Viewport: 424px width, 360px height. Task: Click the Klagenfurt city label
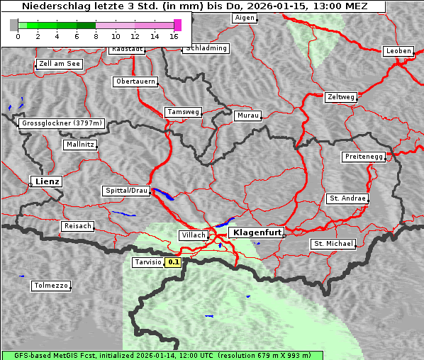coord(257,232)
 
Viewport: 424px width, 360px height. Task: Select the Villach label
coord(193,235)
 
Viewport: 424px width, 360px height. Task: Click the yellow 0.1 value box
coord(174,262)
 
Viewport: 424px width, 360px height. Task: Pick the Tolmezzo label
coord(51,286)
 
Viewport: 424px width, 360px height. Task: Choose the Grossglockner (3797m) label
coord(62,123)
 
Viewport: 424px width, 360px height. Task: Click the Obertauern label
coord(135,81)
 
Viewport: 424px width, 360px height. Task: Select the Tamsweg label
coord(184,112)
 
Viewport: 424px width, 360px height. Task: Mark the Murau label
coord(248,115)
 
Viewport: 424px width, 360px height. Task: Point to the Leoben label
coord(398,51)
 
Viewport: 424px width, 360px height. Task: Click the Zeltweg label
coord(340,96)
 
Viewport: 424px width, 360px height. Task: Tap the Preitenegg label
coord(364,157)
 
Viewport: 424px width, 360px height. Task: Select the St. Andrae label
coord(347,198)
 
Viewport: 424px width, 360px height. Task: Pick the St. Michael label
coord(333,244)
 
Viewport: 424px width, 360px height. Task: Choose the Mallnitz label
coord(79,145)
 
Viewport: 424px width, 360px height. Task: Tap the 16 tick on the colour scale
coord(174,35)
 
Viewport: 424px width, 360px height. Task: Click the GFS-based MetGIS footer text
coord(162,355)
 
